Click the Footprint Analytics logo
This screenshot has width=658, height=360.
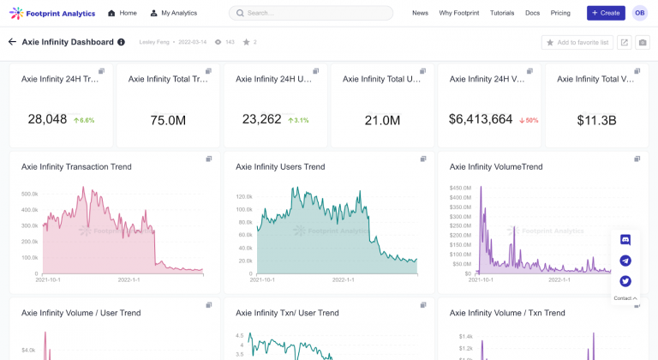(52, 13)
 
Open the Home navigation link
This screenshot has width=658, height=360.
(123, 14)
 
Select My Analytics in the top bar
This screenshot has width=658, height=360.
(174, 14)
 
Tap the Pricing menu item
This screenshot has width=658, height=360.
(560, 14)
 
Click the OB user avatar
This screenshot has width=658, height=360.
(640, 13)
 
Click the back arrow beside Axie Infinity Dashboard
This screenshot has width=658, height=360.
(12, 42)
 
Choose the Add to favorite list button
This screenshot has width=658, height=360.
(577, 42)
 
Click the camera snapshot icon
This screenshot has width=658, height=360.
(643, 42)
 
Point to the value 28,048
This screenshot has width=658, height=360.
(47, 119)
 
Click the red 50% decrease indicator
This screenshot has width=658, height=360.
(529, 121)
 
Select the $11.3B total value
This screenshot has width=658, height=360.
(596, 121)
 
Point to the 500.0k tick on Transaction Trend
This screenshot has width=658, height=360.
(29, 194)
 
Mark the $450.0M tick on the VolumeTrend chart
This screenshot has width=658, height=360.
(461, 188)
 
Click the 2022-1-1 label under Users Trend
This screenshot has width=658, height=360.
(344, 279)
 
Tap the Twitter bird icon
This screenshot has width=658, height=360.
(625, 281)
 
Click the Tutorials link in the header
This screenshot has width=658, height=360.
(502, 14)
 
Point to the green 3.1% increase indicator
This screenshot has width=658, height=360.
(298, 121)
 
